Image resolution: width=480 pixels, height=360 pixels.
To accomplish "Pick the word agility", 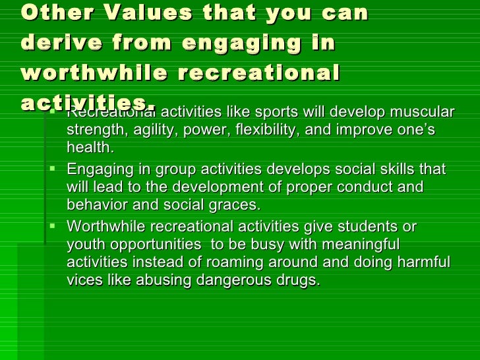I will pyautogui.click(x=149, y=130).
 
